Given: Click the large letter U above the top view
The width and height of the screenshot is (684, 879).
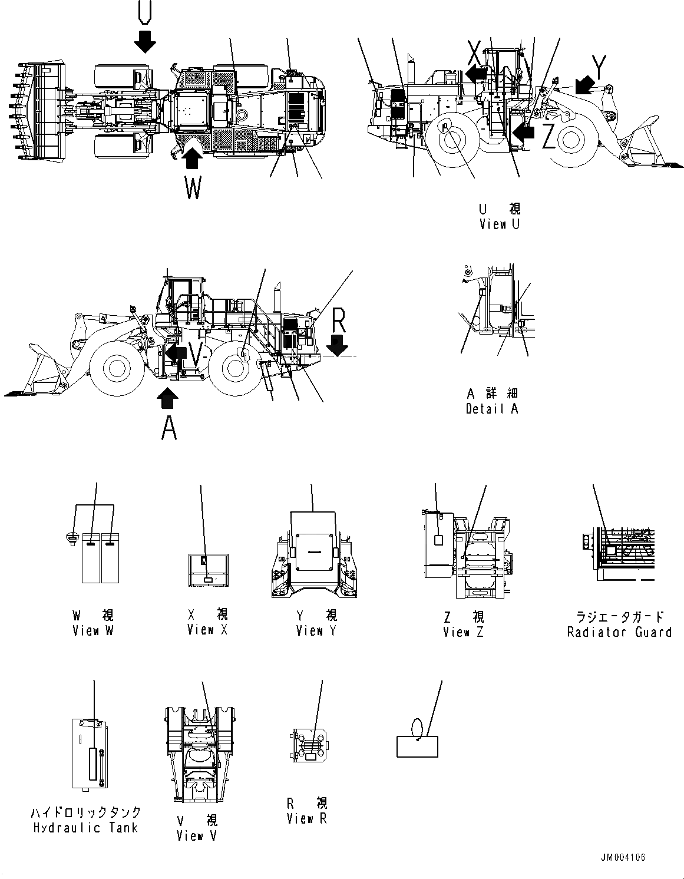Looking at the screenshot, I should [x=145, y=12].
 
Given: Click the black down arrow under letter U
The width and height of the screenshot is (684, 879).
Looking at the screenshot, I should [x=145, y=41].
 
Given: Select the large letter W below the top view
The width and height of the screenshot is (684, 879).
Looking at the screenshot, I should [x=193, y=189].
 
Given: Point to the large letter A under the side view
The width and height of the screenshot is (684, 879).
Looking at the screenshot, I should [x=169, y=428].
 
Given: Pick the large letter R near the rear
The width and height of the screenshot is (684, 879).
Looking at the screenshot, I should [x=338, y=321].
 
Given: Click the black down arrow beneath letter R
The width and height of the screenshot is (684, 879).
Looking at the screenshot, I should [x=338, y=346].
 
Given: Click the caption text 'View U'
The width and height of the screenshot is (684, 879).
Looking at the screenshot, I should [x=500, y=224].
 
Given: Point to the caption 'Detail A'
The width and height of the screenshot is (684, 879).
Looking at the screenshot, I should [x=492, y=409].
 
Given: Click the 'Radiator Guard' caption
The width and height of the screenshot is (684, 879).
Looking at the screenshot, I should [x=619, y=632].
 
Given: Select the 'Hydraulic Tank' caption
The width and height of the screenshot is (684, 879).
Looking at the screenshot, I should [x=85, y=828].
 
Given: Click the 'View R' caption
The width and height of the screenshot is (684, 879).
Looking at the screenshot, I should [x=306, y=818].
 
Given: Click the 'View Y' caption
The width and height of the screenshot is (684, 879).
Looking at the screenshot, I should [x=317, y=631].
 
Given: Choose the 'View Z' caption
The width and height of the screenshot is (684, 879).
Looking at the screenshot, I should [x=464, y=632].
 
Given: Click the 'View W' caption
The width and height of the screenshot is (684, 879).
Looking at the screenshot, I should [x=93, y=630].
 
